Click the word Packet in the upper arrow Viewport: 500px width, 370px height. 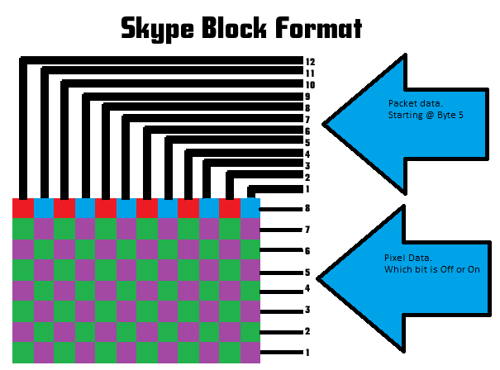click(401, 103)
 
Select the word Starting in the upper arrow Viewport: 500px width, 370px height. click(404, 115)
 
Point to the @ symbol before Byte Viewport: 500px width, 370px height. click(429, 115)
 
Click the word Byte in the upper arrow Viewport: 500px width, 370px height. click(444, 115)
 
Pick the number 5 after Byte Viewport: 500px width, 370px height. click(460, 115)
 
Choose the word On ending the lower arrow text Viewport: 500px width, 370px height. click(472, 270)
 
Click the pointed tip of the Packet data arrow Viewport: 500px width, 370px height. click(329, 125)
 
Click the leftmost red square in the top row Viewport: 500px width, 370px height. click(22, 208)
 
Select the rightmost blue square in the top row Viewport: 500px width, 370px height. click(250, 208)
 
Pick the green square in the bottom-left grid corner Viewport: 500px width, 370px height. click(22, 353)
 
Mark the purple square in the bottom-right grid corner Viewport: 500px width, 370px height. click(250, 353)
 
